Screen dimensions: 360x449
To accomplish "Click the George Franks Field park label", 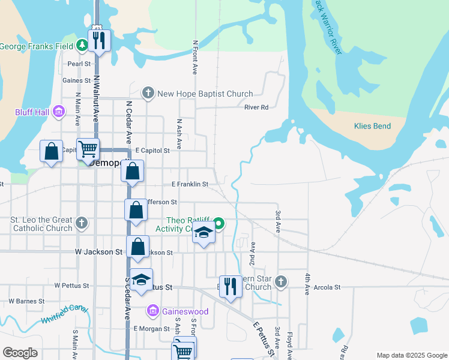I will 37,46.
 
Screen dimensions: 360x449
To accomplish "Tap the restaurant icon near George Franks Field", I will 97,41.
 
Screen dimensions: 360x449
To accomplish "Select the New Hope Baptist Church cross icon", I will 148,93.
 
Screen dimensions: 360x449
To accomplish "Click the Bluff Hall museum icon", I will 59,112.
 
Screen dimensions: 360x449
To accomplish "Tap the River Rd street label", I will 256,107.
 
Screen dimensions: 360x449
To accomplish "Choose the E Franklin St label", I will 190,184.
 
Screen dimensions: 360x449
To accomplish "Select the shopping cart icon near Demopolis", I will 88,148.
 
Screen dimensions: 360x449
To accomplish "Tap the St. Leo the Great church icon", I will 82,224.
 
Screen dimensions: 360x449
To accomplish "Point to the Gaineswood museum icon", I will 152,311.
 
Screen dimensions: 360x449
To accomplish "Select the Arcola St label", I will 327,287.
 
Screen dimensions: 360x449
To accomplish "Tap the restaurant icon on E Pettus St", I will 230,286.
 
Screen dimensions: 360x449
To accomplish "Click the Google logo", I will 20,353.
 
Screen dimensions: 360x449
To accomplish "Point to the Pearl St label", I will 79,63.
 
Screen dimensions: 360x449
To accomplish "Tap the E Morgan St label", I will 152,328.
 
